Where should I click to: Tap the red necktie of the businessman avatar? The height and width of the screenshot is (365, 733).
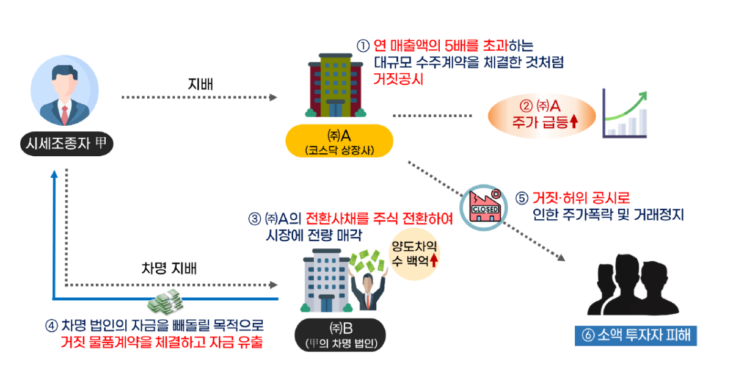(65, 114)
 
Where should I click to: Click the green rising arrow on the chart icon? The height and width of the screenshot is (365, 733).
(629, 104)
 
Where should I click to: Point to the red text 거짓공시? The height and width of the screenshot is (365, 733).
(399, 79)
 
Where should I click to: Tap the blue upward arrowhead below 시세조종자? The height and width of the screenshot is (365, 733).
(54, 175)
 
